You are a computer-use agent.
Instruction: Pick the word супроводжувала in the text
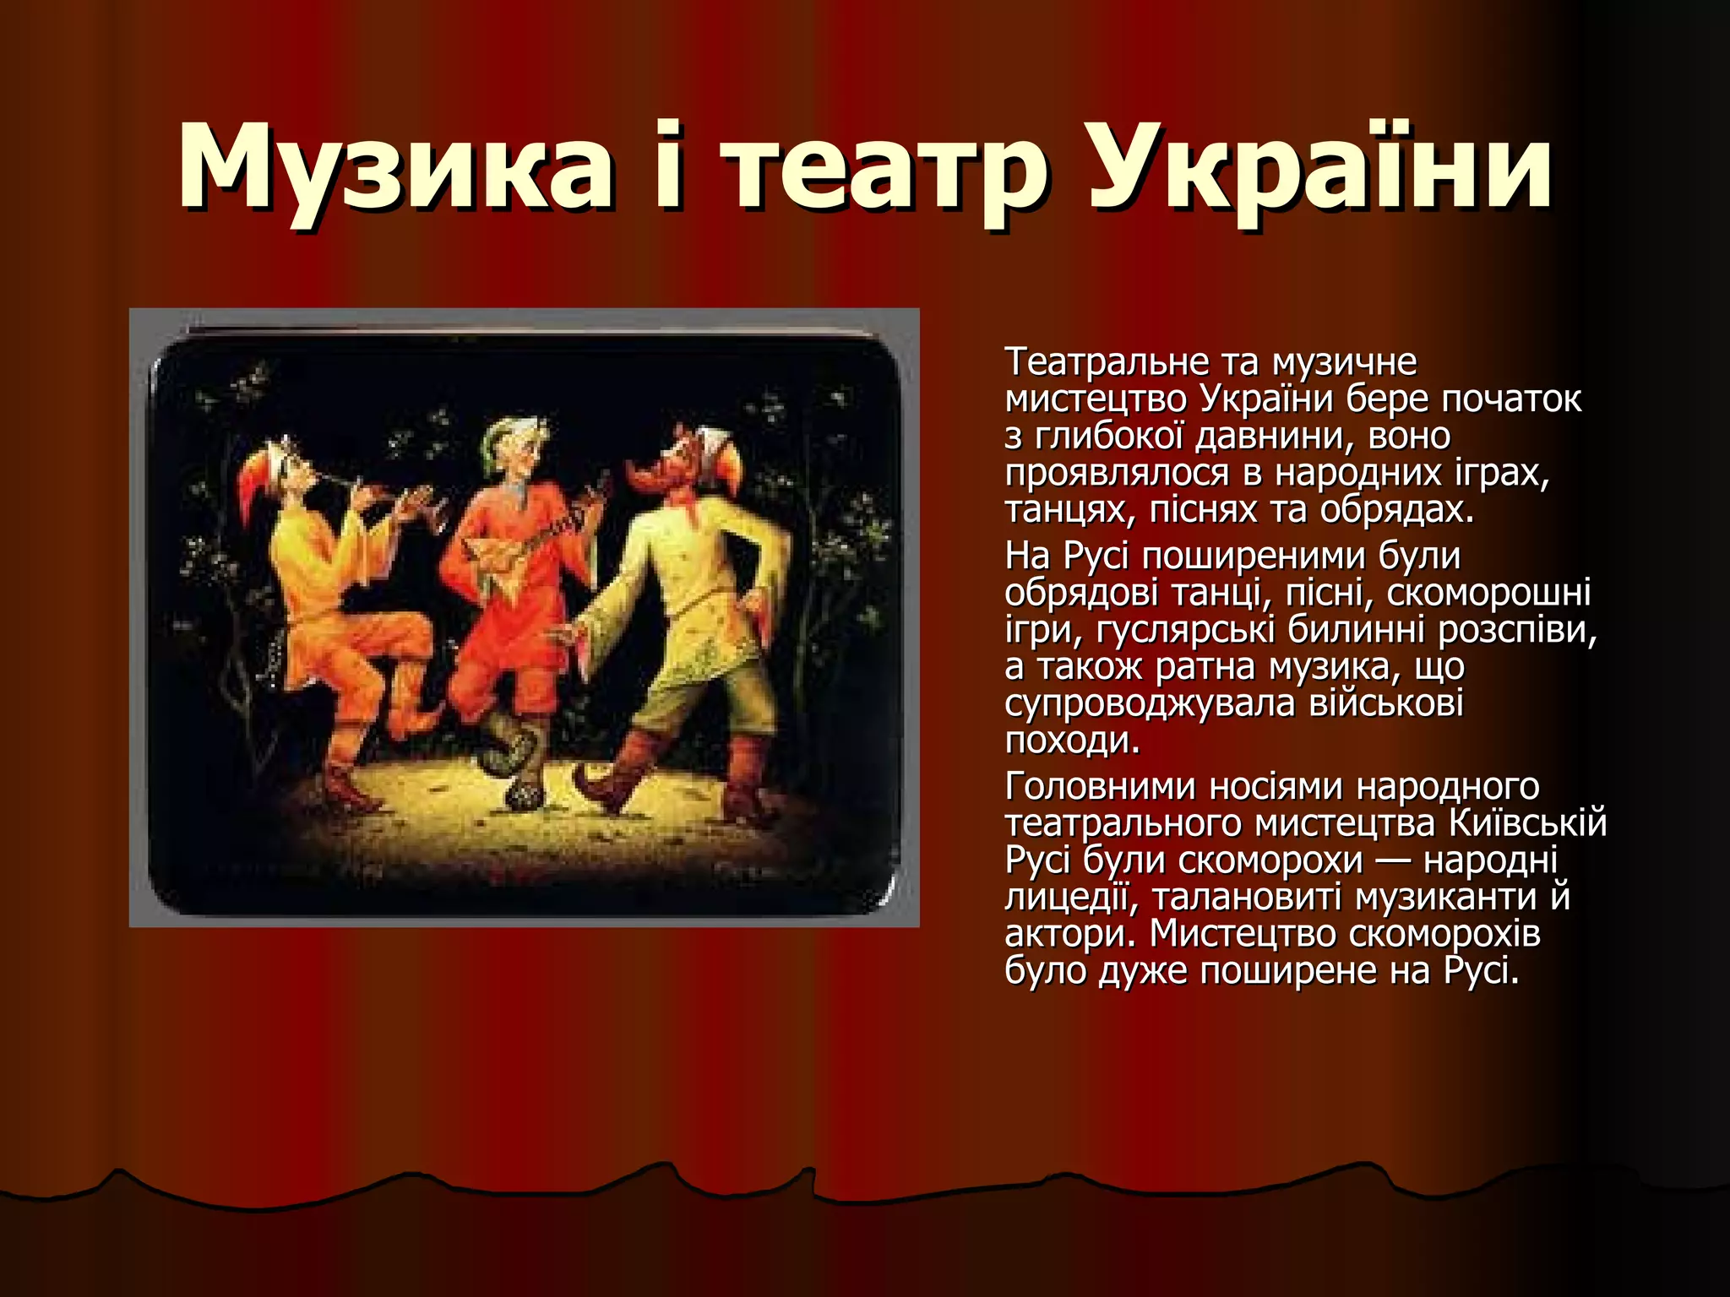pyautogui.click(x=1149, y=703)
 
